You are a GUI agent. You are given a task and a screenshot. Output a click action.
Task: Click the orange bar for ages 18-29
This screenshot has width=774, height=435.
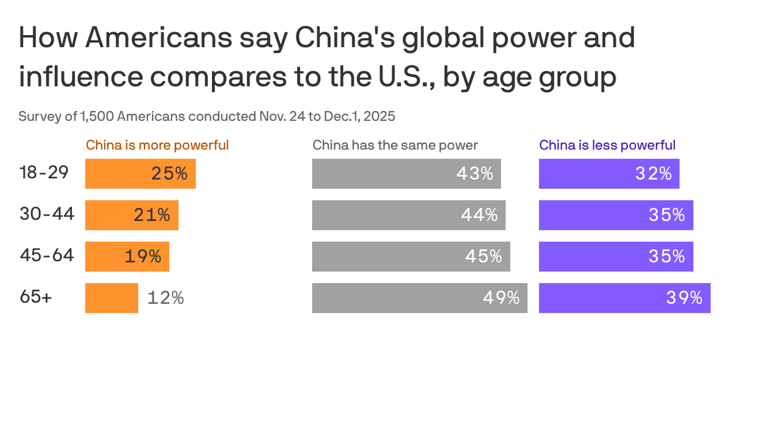click(140, 173)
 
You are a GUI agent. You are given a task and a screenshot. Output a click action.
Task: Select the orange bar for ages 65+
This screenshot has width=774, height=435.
click(112, 298)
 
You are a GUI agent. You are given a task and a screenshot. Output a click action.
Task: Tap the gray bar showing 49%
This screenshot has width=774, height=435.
click(419, 298)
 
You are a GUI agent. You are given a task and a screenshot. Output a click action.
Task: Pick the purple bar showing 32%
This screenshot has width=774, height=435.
click(609, 173)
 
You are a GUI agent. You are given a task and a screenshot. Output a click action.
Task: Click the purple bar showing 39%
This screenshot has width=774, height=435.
click(624, 298)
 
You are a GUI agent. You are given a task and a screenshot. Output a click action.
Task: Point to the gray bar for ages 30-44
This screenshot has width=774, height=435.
click(409, 215)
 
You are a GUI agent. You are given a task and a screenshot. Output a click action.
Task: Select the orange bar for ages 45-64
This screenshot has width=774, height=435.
click(127, 257)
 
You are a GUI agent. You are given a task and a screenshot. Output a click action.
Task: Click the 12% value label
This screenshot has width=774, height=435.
click(165, 298)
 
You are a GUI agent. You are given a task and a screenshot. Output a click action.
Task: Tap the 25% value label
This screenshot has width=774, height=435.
click(169, 173)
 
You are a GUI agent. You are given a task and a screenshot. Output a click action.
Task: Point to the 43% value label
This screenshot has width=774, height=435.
click(475, 173)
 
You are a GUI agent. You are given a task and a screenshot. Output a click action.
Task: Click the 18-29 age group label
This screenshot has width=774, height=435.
click(44, 172)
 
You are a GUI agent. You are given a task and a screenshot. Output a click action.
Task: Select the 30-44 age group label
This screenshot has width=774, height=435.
click(47, 214)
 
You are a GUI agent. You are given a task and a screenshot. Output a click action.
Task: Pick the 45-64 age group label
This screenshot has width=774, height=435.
click(47, 255)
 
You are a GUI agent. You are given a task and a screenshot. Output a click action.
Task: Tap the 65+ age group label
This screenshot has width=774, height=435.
click(36, 297)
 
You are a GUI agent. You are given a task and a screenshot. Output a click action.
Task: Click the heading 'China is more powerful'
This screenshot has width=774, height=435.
click(157, 145)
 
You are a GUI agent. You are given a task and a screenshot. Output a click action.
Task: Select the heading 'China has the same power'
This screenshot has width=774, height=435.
click(395, 145)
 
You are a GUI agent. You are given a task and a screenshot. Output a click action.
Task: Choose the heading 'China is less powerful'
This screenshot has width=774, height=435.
click(607, 145)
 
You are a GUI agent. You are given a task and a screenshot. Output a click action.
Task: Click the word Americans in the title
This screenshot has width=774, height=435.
click(159, 38)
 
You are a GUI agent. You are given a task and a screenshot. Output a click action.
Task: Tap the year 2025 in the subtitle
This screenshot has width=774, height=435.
click(379, 116)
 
